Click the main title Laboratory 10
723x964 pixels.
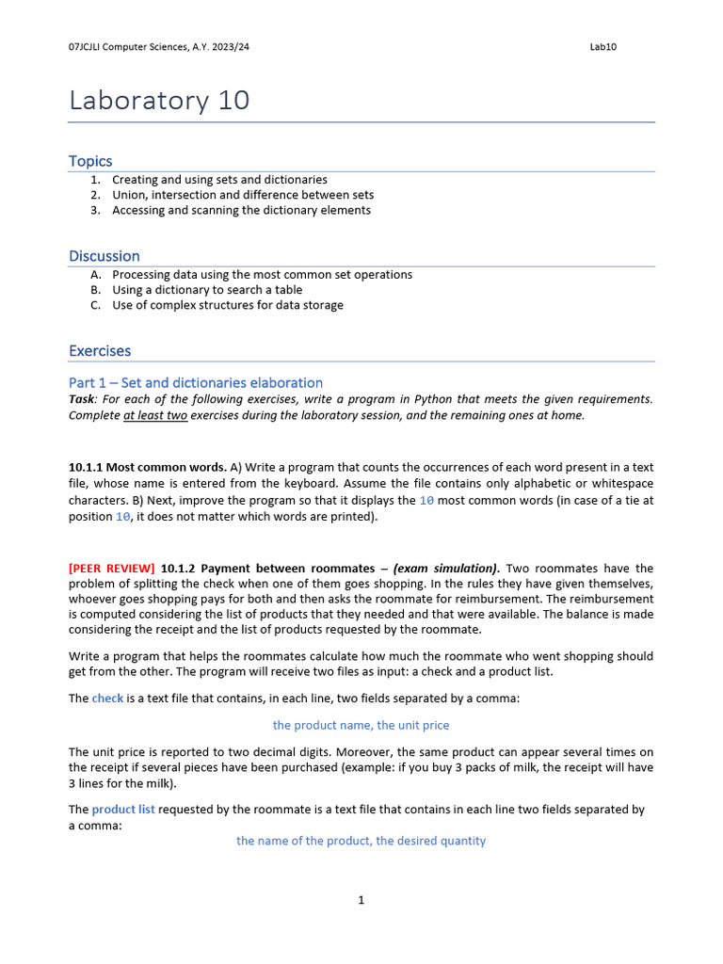tap(159, 100)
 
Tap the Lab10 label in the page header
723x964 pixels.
tap(602, 47)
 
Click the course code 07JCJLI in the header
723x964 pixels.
tap(89, 47)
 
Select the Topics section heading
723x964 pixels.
tap(90, 161)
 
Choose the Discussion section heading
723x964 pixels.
tap(104, 256)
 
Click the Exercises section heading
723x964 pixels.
tap(100, 351)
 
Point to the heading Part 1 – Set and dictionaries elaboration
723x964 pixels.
tap(196, 382)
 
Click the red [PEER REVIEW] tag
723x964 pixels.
tap(112, 569)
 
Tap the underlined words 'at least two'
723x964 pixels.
tap(155, 415)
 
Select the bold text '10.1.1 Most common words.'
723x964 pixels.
tap(148, 467)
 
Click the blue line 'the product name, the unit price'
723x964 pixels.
tap(361, 725)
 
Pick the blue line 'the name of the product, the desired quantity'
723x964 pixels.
tap(361, 841)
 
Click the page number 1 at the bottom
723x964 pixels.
tap(361, 900)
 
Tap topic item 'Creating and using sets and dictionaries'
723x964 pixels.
tap(219, 179)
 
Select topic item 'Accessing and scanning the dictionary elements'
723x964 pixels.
tap(241, 210)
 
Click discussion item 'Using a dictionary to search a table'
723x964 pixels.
tap(207, 290)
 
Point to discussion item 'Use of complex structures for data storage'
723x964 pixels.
tap(228, 305)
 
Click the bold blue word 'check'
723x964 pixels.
tap(107, 699)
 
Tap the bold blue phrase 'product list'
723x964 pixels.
tap(123, 810)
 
